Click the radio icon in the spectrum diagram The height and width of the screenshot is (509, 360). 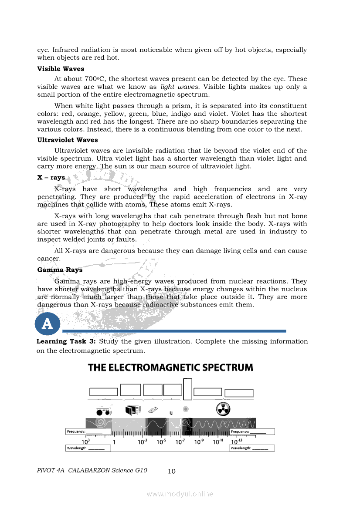[103, 411]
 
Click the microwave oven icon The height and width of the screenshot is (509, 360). [133, 410]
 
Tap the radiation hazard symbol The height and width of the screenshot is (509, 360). [223, 409]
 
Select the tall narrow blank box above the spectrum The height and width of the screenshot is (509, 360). [187, 389]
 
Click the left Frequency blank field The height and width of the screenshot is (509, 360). [85, 431]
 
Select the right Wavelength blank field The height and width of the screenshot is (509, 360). [251, 448]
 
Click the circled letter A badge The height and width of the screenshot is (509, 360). [47, 324]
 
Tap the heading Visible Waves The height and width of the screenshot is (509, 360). [61, 69]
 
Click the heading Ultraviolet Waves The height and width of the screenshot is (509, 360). [68, 140]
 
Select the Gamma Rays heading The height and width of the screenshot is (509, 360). [60, 270]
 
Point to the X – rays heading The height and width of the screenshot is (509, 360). [51, 178]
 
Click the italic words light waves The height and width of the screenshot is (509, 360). [174, 87]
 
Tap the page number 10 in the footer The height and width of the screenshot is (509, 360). [171, 471]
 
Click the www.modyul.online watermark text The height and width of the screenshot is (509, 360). [180, 494]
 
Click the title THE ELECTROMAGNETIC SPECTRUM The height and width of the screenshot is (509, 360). [170, 367]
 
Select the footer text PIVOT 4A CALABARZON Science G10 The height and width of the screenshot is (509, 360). [92, 470]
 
